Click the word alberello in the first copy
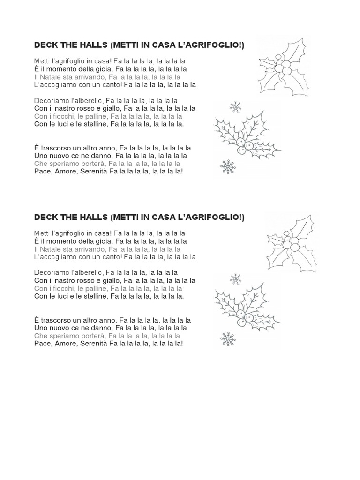[x=87, y=100]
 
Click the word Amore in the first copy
[x=64, y=171]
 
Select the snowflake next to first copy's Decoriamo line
[x=235, y=107]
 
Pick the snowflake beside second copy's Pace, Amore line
[x=228, y=339]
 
